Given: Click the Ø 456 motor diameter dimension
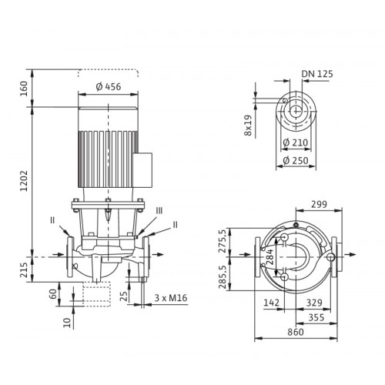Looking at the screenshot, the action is click(x=109, y=87).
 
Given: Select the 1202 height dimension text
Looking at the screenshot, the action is click(x=24, y=181).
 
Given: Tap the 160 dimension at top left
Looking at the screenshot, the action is click(x=24, y=89).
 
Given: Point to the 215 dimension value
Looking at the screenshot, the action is click(x=24, y=269).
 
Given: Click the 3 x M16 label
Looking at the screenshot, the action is click(x=171, y=298).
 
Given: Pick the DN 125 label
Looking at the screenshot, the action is click(x=317, y=74).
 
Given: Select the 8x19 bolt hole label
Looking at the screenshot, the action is click(x=248, y=125).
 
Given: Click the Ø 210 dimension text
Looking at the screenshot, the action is click(x=295, y=142).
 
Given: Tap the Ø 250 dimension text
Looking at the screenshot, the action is click(x=296, y=161).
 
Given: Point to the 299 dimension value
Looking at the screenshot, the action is click(x=319, y=204).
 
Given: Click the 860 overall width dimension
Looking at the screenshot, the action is click(x=296, y=332).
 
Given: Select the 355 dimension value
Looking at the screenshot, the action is click(x=316, y=317).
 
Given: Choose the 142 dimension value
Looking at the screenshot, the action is click(x=271, y=303).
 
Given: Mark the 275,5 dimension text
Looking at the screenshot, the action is click(x=223, y=241).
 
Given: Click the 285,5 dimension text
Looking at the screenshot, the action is click(x=223, y=276).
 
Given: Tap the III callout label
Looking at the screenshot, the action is click(x=159, y=211).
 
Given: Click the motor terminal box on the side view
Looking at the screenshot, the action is click(x=143, y=169).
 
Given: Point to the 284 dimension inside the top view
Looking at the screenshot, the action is click(x=269, y=256).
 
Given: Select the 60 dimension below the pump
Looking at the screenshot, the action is click(x=52, y=294).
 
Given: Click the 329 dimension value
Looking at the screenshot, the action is click(x=314, y=303).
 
